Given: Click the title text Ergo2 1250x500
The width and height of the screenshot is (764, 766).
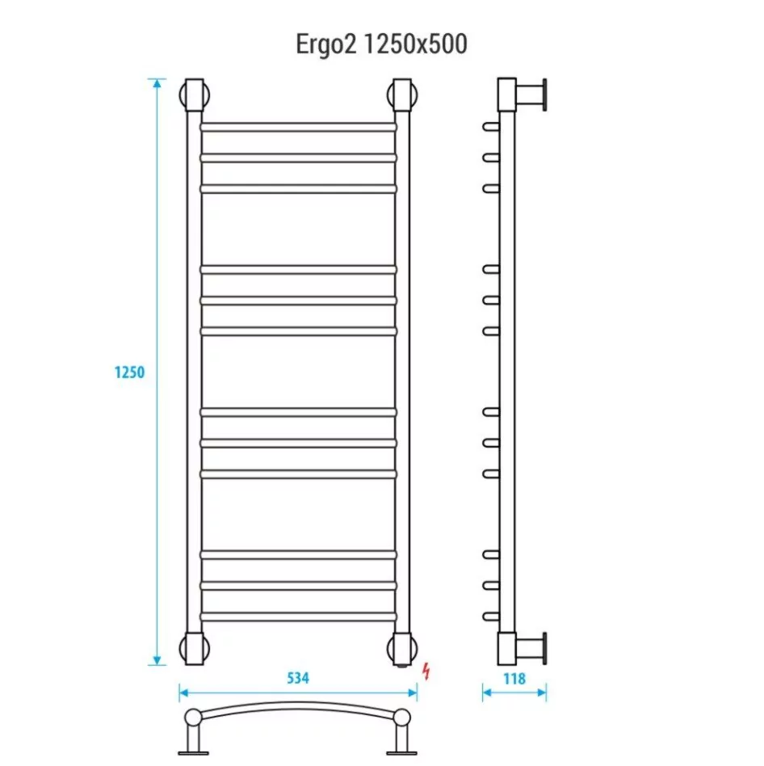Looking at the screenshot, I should coord(381,44).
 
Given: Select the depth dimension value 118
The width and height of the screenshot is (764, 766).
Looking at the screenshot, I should coord(514,679).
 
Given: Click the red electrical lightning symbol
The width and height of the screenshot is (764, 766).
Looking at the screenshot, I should coord(426,671).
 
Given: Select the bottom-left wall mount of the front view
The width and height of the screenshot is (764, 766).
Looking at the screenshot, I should coord(195,648).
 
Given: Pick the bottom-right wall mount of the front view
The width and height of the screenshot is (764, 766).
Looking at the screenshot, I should coord(402,648).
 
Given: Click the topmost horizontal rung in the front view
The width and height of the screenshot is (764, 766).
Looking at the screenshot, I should coord(298,127).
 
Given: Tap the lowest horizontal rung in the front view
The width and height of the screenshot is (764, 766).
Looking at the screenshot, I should coord(298,617).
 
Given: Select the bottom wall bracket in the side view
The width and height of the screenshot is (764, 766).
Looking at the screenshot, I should coord(529,647).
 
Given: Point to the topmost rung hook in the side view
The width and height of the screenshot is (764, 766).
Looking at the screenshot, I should coord(489,127).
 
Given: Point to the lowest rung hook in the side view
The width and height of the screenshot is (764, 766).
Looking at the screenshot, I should coord(489,617).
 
